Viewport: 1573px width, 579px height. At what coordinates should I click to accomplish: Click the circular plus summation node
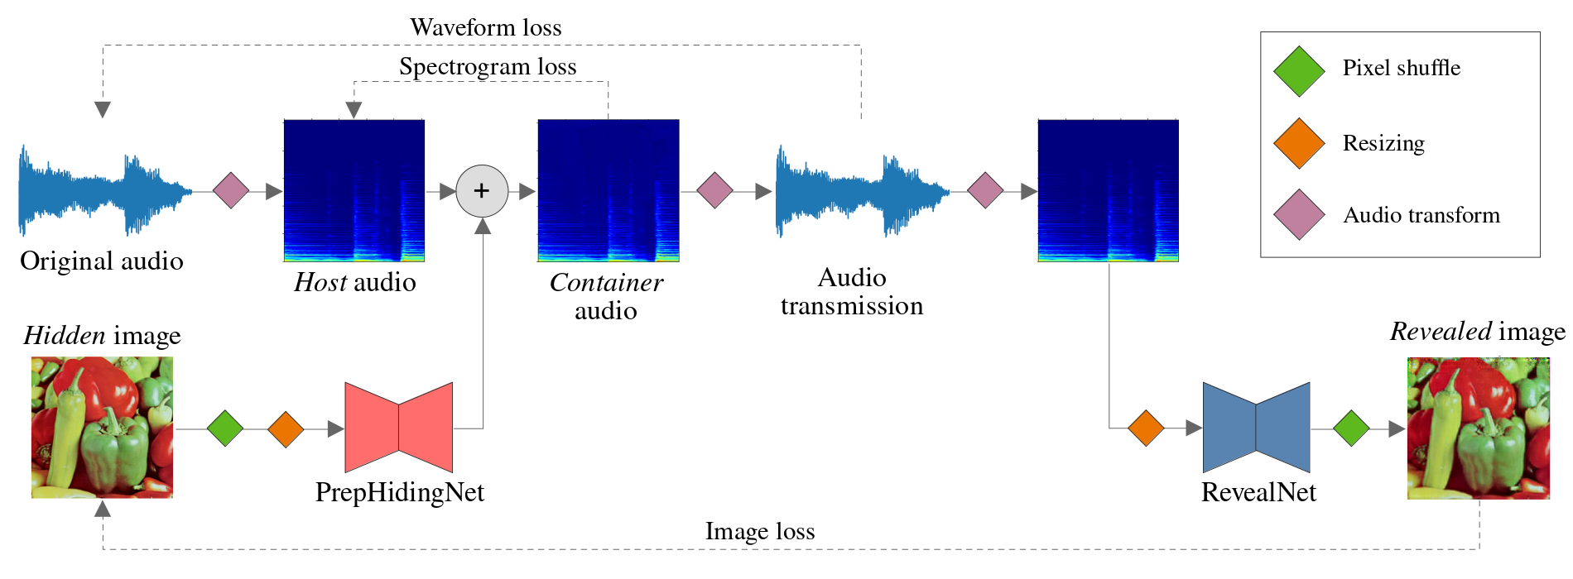[x=482, y=191]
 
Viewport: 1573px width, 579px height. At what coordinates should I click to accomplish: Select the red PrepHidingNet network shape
[x=398, y=428]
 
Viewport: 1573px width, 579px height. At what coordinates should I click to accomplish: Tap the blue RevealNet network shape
[x=1256, y=428]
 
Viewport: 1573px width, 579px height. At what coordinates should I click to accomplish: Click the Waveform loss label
[x=486, y=28]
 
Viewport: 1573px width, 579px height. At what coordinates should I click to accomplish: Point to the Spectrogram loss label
[x=488, y=67]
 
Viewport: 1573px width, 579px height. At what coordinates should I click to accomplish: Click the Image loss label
[x=760, y=532]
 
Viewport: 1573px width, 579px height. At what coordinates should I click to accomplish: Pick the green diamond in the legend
[x=1299, y=71]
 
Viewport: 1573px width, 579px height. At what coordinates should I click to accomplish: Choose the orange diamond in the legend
[x=1299, y=143]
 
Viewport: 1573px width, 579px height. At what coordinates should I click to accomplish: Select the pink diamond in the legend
[x=1299, y=215]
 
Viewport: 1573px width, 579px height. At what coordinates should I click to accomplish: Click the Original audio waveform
[x=103, y=192]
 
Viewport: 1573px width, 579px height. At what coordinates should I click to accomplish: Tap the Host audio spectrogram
[x=354, y=191]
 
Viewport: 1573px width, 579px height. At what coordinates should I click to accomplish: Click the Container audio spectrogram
[x=609, y=191]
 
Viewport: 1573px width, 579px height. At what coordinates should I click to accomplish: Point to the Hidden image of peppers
[x=103, y=428]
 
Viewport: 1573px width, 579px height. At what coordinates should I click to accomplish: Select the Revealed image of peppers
[x=1479, y=428]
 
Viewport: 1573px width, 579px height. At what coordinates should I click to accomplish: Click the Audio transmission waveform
[x=861, y=192]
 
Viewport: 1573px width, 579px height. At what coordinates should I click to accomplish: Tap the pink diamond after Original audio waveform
[x=231, y=191]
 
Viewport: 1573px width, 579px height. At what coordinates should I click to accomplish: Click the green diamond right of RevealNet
[x=1352, y=428]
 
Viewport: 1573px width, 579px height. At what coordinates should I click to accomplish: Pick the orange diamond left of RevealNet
[x=1146, y=428]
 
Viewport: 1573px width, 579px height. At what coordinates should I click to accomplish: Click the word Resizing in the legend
[x=1383, y=144]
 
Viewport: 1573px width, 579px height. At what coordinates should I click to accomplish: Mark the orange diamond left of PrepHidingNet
[x=286, y=429]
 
